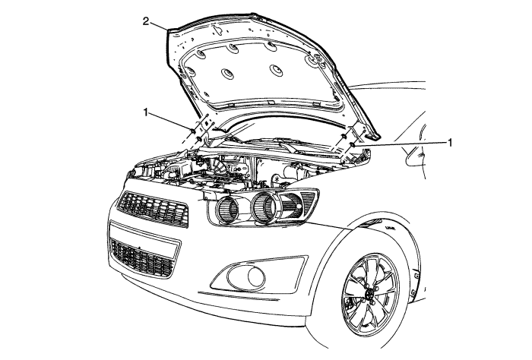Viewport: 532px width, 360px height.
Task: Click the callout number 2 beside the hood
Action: [x=146, y=21]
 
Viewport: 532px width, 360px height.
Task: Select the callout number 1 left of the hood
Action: [x=146, y=112]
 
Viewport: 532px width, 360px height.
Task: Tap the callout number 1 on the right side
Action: [x=450, y=143]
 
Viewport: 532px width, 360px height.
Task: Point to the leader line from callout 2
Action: [x=158, y=26]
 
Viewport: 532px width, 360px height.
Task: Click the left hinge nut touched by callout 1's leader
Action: [x=193, y=131]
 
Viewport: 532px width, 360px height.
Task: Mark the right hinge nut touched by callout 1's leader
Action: [x=352, y=145]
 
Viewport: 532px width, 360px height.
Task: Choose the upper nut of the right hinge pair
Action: [x=344, y=136]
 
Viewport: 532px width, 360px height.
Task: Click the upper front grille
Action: [x=153, y=208]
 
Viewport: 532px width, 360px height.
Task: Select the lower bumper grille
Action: [x=143, y=258]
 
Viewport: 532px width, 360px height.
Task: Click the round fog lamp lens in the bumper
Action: [x=256, y=277]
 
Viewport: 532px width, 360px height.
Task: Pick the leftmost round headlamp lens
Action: [x=228, y=210]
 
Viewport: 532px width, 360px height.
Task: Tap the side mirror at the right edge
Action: [x=416, y=155]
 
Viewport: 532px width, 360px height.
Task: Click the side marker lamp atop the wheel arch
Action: [x=371, y=223]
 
